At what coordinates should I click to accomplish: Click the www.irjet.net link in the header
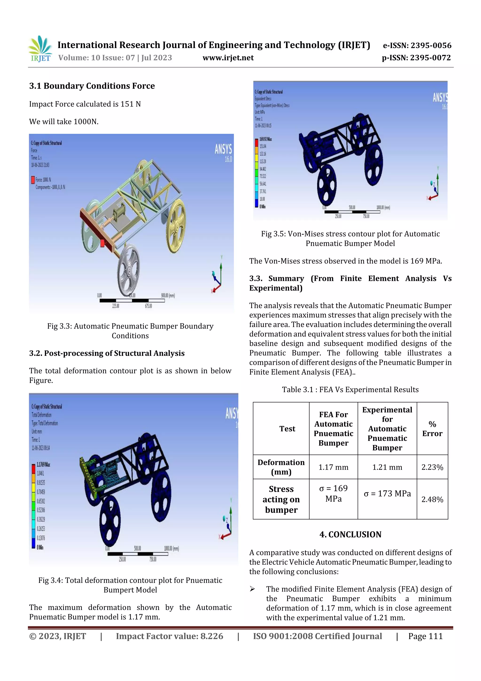228,58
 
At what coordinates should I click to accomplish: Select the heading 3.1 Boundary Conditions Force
92,86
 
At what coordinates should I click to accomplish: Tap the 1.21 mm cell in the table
387,467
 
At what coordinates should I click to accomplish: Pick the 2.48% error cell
432,500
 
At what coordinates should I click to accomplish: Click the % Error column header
432,429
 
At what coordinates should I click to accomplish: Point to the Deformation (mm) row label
281,467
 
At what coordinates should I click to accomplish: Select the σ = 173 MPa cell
387,494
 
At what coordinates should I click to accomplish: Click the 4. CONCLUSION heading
350,535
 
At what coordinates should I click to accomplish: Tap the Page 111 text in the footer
425,636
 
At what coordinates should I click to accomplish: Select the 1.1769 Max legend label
43,464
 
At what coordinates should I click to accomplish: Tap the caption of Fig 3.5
350,238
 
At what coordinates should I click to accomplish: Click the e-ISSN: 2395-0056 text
417,45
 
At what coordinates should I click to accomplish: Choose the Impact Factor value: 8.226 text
170,636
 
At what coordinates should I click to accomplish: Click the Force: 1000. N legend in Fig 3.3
43,180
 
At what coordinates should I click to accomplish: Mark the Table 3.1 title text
350,390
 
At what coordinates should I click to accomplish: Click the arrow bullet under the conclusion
252,589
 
